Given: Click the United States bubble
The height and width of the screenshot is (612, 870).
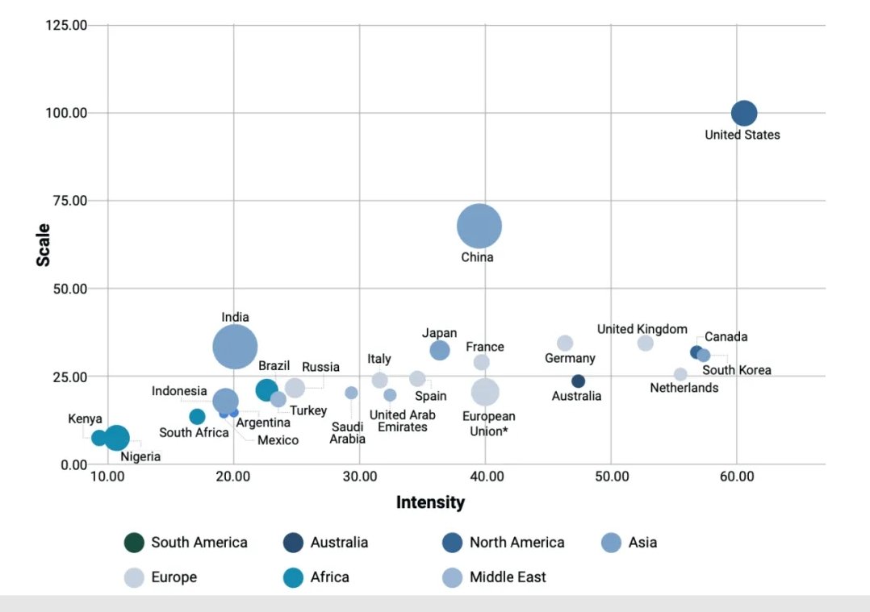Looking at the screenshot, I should [743, 114].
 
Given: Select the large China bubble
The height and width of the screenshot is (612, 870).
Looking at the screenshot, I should [479, 227].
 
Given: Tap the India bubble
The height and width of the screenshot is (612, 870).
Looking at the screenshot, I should [235, 347].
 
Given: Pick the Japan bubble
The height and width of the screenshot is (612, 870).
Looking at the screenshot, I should [440, 350].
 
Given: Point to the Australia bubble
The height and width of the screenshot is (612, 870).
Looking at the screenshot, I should [578, 381].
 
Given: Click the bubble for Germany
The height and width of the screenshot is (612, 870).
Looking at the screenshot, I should [565, 343].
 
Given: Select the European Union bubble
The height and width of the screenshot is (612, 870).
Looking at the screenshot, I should [485, 392].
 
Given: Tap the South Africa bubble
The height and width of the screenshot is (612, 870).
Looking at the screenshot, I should [197, 416].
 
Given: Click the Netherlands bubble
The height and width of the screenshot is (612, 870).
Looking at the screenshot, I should [680, 374].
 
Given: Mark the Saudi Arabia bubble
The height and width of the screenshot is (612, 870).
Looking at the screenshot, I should [351, 393].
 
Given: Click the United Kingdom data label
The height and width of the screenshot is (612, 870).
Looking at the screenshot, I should [642, 329].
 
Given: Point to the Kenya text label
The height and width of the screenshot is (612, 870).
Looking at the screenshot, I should [85, 419].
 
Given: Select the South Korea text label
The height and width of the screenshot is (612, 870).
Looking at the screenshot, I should [736, 370].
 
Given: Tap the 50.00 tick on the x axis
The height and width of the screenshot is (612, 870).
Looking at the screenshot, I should [612, 477].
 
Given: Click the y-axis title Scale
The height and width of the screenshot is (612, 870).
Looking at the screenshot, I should [43, 244].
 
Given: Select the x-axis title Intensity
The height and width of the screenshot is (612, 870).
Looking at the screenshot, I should [430, 502].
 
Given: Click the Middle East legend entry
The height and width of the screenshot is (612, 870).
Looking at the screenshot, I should [495, 577].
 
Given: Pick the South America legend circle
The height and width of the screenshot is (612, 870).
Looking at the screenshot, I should [134, 543].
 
